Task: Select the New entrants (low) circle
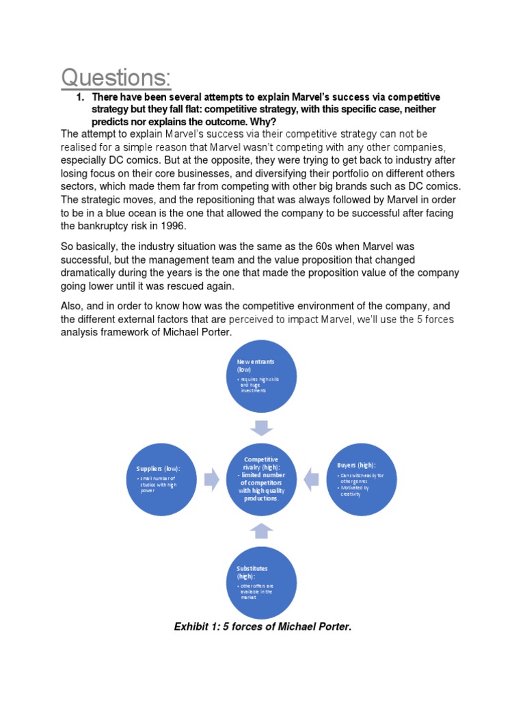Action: [262, 379]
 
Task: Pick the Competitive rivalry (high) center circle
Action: [262, 479]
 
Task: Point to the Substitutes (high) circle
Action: [262, 581]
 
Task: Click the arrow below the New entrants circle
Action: [262, 428]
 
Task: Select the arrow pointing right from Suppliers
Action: [212, 479]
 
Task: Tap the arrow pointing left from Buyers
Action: [311, 479]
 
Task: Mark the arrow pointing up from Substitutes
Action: [262, 530]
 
